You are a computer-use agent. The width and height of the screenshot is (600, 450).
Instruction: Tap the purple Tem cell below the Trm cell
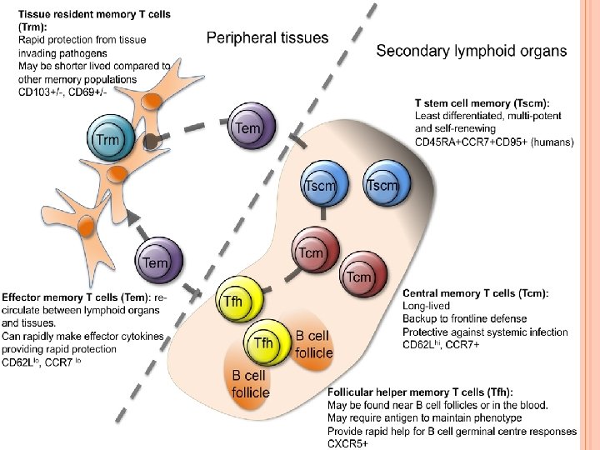pyautogui.click(x=156, y=262)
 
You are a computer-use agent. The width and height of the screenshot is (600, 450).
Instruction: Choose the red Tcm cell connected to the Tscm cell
pyautogui.click(x=312, y=252)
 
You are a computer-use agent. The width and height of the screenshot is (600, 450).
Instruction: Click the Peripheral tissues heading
pyautogui.click(x=267, y=37)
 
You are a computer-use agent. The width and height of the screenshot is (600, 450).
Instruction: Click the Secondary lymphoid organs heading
pyautogui.click(x=472, y=51)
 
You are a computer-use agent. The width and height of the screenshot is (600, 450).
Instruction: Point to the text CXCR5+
pyautogui.click(x=348, y=443)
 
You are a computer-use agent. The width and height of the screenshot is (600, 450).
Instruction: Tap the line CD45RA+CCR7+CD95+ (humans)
pyautogui.click(x=494, y=142)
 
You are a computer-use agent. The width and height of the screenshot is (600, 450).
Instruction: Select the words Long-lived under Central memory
pyautogui.click(x=426, y=306)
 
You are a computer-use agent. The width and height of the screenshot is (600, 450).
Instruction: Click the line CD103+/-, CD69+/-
pyautogui.click(x=62, y=91)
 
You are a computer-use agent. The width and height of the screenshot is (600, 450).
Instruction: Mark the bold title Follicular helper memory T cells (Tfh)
pyautogui.click(x=420, y=392)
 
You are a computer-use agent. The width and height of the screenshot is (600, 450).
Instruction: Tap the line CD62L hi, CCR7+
pyautogui.click(x=441, y=345)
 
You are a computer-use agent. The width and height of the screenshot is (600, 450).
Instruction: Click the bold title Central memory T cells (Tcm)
pyautogui.click(x=475, y=293)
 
